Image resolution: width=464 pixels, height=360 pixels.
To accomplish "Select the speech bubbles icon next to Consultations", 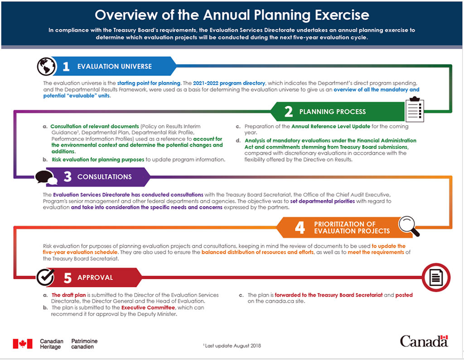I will point(46,177).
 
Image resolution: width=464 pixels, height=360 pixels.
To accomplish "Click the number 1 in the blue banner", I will point(66,67).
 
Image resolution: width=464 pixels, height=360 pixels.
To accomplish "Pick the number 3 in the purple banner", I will point(67,177).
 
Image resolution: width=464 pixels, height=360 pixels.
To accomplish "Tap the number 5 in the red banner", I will point(67,277).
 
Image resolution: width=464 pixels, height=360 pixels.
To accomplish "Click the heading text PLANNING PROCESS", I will point(332,112).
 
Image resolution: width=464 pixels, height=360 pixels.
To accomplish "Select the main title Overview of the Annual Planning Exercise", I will point(232,15).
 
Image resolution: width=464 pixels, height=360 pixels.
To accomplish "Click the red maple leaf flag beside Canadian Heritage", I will point(23,343).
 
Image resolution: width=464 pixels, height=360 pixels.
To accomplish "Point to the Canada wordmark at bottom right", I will point(424,341).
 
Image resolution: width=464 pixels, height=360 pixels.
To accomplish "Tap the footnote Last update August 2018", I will point(232,345).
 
